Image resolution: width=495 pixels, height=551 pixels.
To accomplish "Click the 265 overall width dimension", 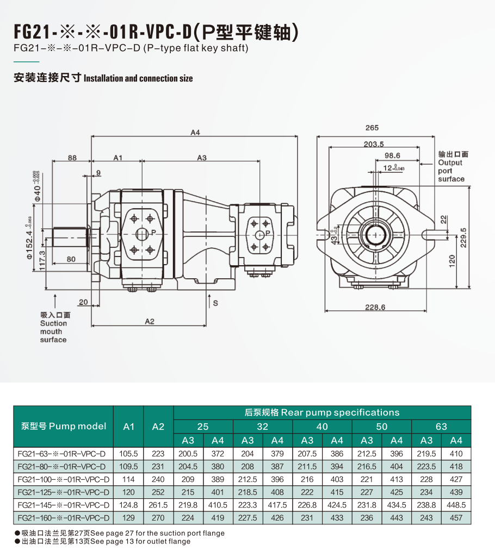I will [x=372, y=128].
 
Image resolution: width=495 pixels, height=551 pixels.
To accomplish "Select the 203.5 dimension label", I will [x=374, y=144].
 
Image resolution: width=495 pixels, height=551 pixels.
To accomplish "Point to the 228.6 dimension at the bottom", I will [x=375, y=308].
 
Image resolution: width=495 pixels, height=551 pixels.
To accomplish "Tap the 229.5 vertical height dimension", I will [x=463, y=236].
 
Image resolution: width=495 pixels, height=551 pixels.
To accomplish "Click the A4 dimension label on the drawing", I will [x=195, y=133].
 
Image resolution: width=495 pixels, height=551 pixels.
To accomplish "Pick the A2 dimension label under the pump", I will [x=150, y=322].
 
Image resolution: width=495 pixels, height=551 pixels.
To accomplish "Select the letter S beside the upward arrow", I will [x=215, y=303].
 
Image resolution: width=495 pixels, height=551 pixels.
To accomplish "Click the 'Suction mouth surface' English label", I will [x=53, y=331].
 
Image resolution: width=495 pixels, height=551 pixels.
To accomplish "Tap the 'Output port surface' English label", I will [x=451, y=171].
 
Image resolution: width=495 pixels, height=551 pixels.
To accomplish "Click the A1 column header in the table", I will [x=128, y=427].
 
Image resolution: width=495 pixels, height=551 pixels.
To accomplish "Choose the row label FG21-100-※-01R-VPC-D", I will [x=63, y=479].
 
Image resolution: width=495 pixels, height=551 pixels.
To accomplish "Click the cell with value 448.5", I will [x=456, y=505].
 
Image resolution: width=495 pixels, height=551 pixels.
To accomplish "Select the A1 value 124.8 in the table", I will [x=128, y=505].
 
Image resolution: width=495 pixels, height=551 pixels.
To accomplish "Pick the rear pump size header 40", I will [x=322, y=427].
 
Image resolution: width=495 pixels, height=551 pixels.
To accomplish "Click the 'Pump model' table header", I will [x=63, y=426].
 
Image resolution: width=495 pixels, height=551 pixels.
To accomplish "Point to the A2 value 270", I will [x=158, y=518].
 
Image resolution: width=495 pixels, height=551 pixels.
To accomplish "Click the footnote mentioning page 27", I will [x=119, y=533].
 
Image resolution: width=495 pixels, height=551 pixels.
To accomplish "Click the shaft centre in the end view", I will [x=375, y=234].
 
